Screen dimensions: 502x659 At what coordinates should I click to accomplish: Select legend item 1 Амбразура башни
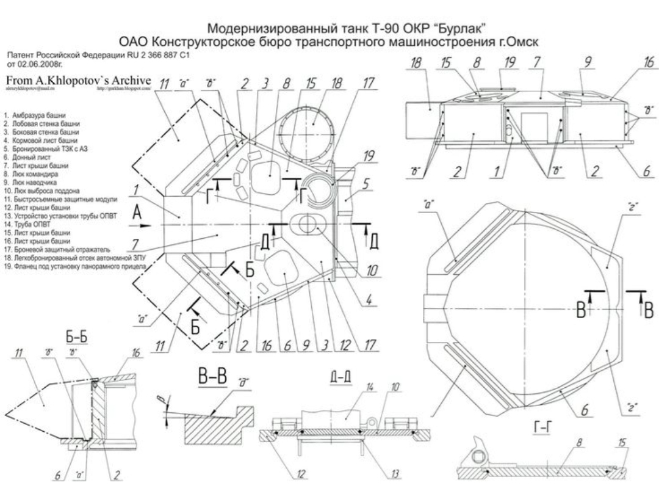43,115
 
